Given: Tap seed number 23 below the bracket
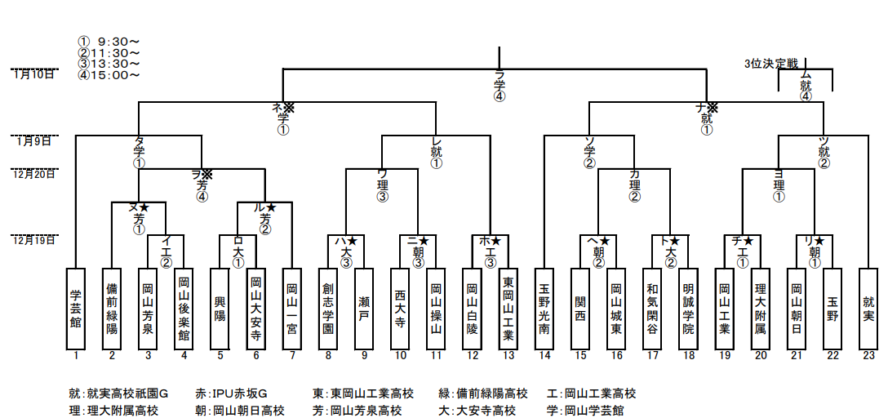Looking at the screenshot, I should (868, 355).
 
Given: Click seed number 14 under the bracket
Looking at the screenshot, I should (544, 355).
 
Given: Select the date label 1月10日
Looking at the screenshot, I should (34, 74).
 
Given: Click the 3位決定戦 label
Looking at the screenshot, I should (771, 63).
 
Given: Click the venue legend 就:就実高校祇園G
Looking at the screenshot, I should (118, 394).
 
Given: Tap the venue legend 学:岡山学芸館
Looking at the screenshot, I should (591, 411).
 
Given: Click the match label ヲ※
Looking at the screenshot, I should (202, 174).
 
